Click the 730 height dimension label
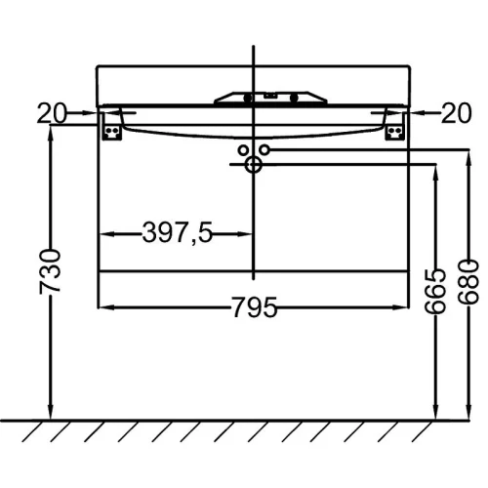tap(50, 272)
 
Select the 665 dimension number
tap(434, 291)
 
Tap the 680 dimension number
tap(468, 282)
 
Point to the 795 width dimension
tap(254, 306)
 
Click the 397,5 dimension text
tap(178, 232)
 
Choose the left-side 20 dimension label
tap(52, 113)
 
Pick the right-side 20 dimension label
tap(456, 113)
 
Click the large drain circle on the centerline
tap(254, 165)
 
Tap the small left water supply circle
tap(243, 150)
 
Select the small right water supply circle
tap(264, 150)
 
